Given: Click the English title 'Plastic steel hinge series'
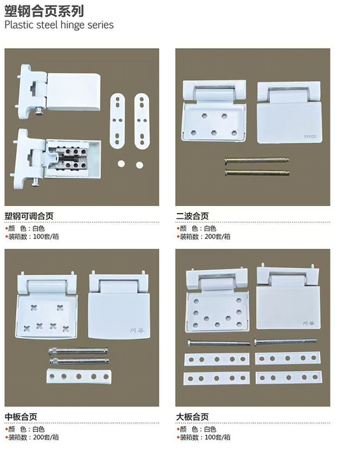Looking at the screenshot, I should [x=58, y=25].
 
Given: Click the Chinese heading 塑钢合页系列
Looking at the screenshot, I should [x=44, y=11].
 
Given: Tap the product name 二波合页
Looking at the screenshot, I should [x=192, y=216].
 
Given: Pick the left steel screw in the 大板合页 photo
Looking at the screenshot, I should [x=217, y=343].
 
